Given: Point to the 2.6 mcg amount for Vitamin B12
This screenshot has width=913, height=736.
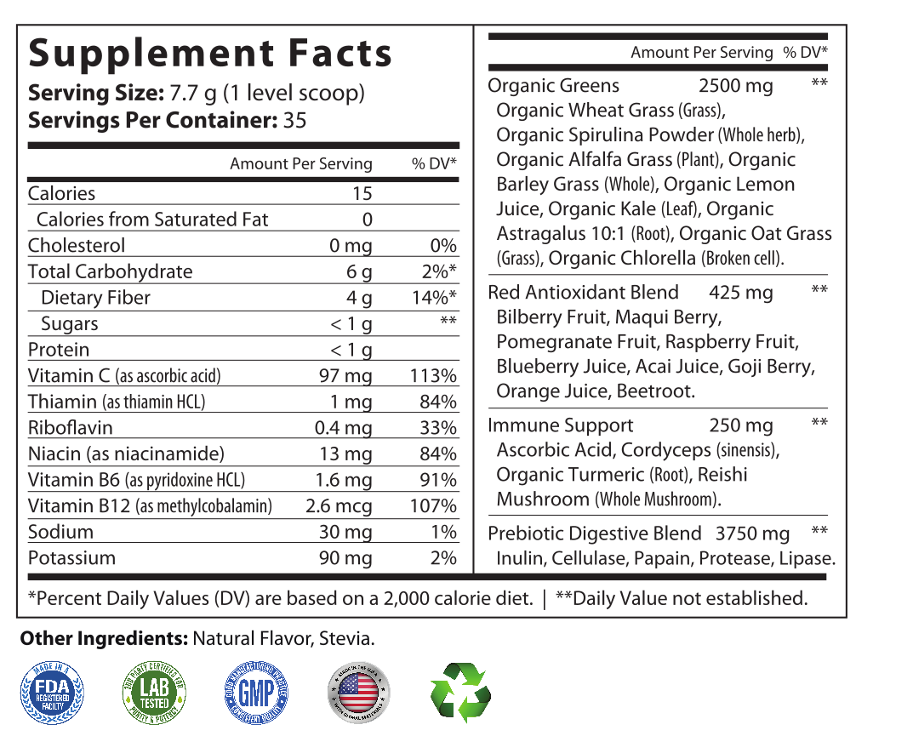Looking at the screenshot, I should pyautogui.click(x=339, y=506).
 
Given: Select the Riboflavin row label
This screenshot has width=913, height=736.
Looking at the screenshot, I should pyautogui.click(x=71, y=428).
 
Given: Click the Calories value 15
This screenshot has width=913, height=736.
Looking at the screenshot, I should pyautogui.click(x=362, y=194).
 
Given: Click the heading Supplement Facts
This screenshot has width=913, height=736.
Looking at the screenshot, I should pyautogui.click(x=210, y=53).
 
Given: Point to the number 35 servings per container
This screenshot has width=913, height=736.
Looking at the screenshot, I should pyautogui.click(x=294, y=120).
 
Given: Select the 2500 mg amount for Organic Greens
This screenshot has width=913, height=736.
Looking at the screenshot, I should pyautogui.click(x=735, y=86).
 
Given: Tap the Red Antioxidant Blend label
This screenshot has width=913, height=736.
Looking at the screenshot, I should pyautogui.click(x=583, y=293).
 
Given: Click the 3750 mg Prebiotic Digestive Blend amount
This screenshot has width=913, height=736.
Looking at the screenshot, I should pyautogui.click(x=752, y=534).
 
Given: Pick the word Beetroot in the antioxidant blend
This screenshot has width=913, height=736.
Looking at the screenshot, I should pyautogui.click(x=657, y=391).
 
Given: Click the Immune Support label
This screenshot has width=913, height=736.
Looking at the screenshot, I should pyautogui.click(x=560, y=425).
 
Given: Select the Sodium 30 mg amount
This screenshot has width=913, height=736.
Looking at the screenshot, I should pyautogui.click(x=345, y=533).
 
